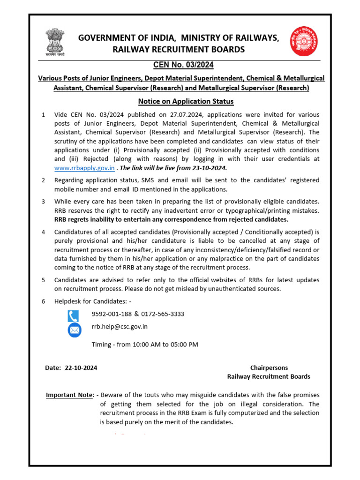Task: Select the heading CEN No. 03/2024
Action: tap(180, 65)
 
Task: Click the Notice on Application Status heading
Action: tap(186, 101)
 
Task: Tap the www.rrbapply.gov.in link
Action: tap(84, 168)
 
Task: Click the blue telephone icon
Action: tap(74, 316)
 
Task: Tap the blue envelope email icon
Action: tap(74, 330)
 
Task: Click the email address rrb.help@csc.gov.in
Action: tap(120, 327)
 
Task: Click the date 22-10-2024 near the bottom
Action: tap(80, 368)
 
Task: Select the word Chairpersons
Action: tap(269, 368)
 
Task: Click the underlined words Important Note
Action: tap(69, 395)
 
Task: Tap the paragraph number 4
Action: tap(44, 232)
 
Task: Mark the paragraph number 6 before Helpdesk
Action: tap(44, 301)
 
